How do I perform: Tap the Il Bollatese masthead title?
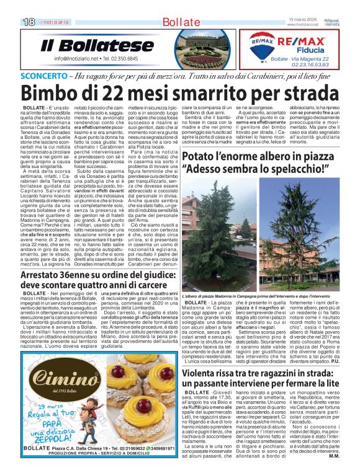97,46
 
